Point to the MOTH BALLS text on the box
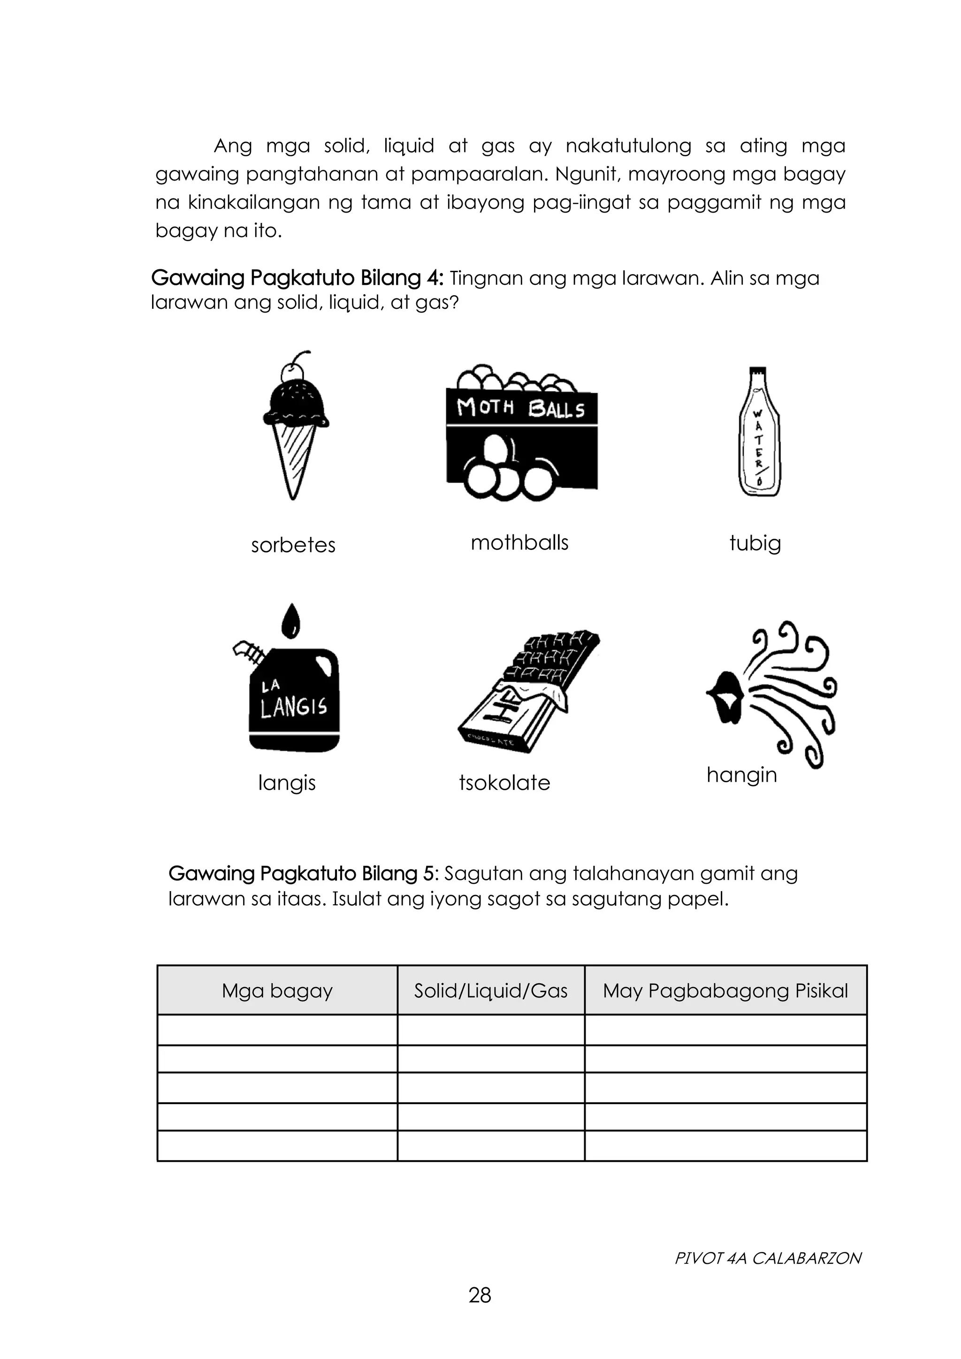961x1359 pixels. coord(521,408)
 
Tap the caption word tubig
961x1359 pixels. coord(755,543)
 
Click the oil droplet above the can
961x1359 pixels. coord(290,621)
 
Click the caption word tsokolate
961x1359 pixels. coord(504,782)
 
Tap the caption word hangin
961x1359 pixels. coord(741,774)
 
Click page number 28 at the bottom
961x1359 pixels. coord(480,1295)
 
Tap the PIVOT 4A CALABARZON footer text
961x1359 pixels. coord(768,1258)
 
